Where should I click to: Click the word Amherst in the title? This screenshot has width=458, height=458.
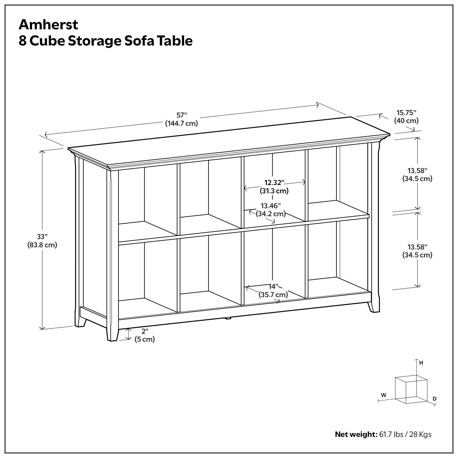(x=48, y=24)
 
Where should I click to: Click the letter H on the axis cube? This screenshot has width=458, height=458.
(x=421, y=363)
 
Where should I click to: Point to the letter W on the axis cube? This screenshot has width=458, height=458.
(x=383, y=395)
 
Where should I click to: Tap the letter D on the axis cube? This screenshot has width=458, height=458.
(x=434, y=399)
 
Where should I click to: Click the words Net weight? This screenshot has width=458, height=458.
(x=356, y=434)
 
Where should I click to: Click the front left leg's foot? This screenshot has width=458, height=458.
(x=112, y=336)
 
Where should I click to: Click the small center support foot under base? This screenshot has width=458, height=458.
(x=227, y=318)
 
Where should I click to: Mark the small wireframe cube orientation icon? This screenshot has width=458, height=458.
(x=411, y=390)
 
